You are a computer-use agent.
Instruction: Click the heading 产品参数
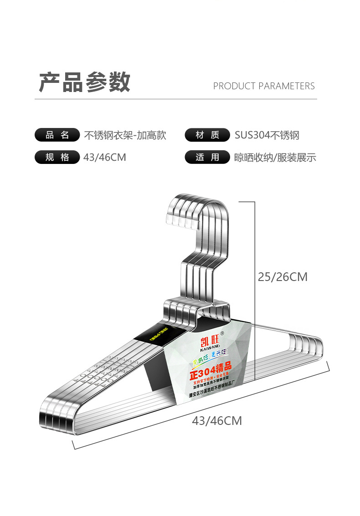pyautogui.click(x=85, y=82)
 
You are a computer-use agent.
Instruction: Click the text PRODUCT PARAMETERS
pyautogui.click(x=264, y=86)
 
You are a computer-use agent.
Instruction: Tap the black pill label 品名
pyautogui.click(x=57, y=135)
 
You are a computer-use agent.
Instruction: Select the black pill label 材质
pyautogui.click(x=207, y=135)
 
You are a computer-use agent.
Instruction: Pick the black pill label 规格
pyautogui.click(x=57, y=158)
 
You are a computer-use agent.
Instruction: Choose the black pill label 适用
pyautogui.click(x=207, y=158)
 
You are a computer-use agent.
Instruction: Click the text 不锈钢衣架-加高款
pyautogui.click(x=125, y=135)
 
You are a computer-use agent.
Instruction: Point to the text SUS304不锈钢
pyautogui.click(x=267, y=135)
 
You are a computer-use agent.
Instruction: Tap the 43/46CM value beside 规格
pyautogui.click(x=105, y=158)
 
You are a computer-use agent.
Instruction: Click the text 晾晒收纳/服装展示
pyautogui.click(x=275, y=158)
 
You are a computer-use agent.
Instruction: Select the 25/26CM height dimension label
pyautogui.click(x=283, y=277)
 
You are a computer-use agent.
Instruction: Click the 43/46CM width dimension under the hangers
pyautogui.click(x=216, y=421)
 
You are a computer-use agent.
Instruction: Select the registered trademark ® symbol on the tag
pyautogui.click(x=222, y=333)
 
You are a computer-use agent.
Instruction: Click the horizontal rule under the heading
pyautogui.click(x=176, y=99)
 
